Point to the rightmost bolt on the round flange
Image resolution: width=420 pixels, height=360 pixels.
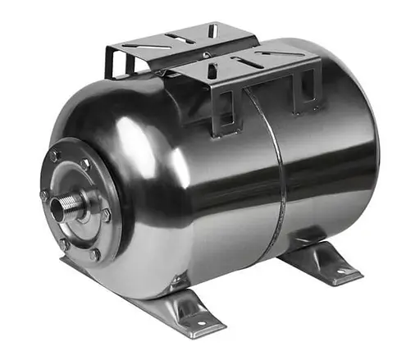pos(107,215)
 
